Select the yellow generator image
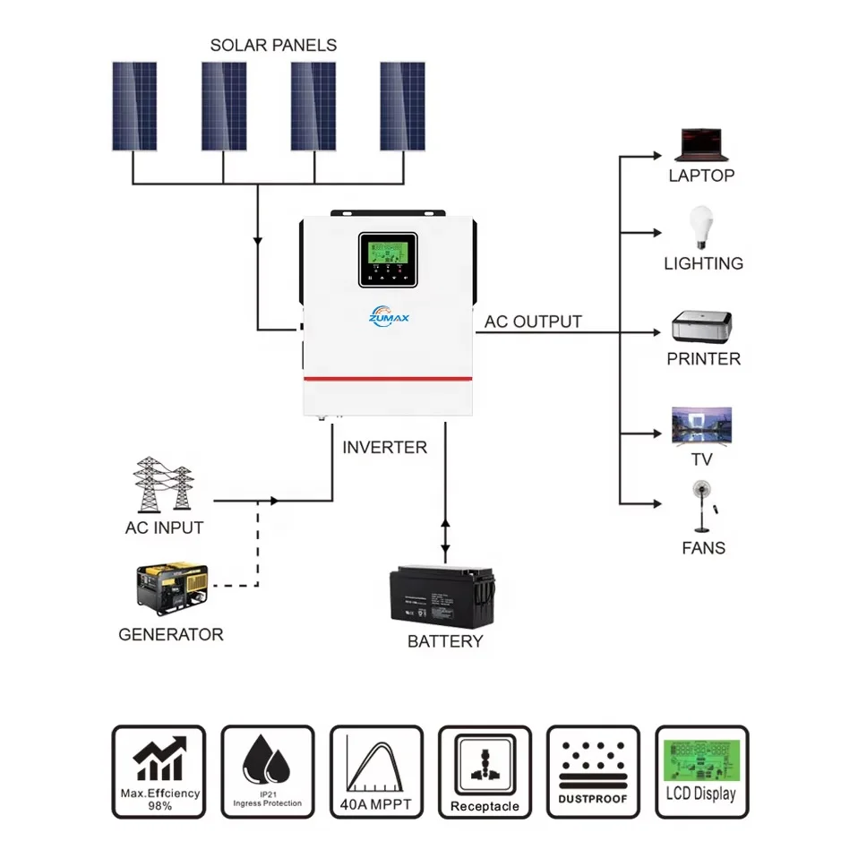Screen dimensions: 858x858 click(170, 590)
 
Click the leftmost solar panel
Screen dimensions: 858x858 click(134, 106)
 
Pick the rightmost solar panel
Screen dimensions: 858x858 click(402, 106)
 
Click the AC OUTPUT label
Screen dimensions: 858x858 click(533, 322)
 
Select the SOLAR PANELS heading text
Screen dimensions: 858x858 click(273, 45)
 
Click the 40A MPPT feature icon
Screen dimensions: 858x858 click(375, 772)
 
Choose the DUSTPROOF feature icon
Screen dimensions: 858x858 click(592, 772)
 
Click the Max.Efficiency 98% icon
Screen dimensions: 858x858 click(159, 772)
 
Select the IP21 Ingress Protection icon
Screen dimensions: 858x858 click(268, 772)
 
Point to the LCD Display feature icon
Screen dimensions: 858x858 click(701, 772)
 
